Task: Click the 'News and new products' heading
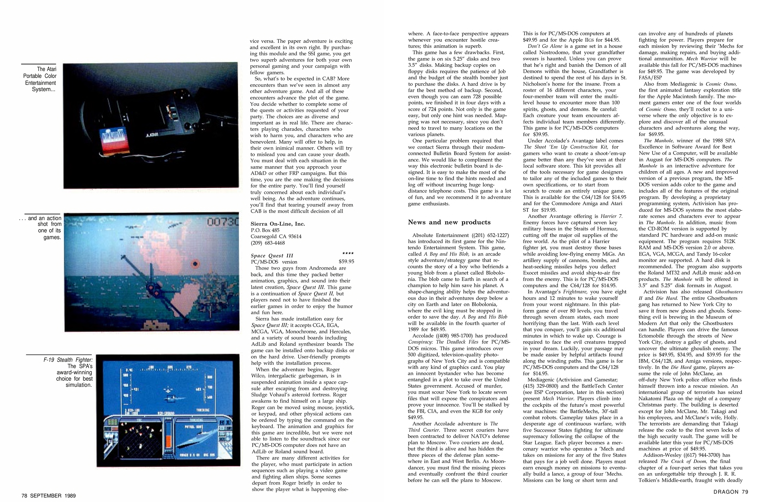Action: pyautogui.click(x=449, y=222)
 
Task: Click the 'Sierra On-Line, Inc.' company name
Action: pyautogui.click(x=277, y=224)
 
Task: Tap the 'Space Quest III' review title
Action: pyautogui.click(x=272, y=255)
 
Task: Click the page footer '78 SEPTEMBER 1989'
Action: pyautogui.click(x=48, y=495)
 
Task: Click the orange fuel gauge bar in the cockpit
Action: pyautogui.click(x=168, y=441)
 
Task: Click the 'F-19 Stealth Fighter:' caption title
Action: pyautogui.click(x=68, y=360)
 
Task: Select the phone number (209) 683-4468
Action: pyautogui.click(x=268, y=243)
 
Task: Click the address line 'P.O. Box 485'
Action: pyautogui.click(x=265, y=230)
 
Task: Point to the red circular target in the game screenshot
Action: pyautogui.click(x=195, y=264)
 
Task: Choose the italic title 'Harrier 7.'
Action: pyautogui.click(x=611, y=216)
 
